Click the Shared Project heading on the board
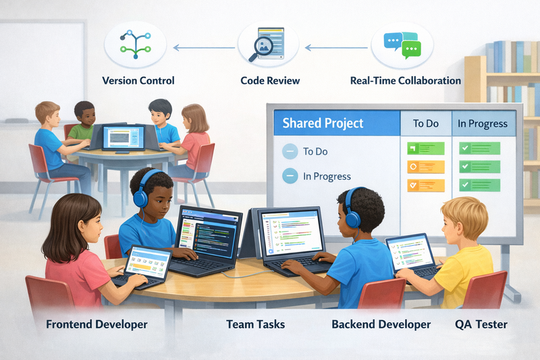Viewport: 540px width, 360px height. point(323,123)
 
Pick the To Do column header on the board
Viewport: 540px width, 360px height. point(425,124)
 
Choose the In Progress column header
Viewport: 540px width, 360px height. point(482,124)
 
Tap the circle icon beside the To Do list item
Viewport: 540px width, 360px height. point(290,151)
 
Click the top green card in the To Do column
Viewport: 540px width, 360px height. point(425,149)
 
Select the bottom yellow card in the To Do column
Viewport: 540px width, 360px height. point(425,184)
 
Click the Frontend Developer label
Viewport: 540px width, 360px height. point(97,324)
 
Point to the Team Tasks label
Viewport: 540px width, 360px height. point(256,324)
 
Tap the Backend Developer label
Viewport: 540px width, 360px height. point(381,324)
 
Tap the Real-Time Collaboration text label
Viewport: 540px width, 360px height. point(406,80)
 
